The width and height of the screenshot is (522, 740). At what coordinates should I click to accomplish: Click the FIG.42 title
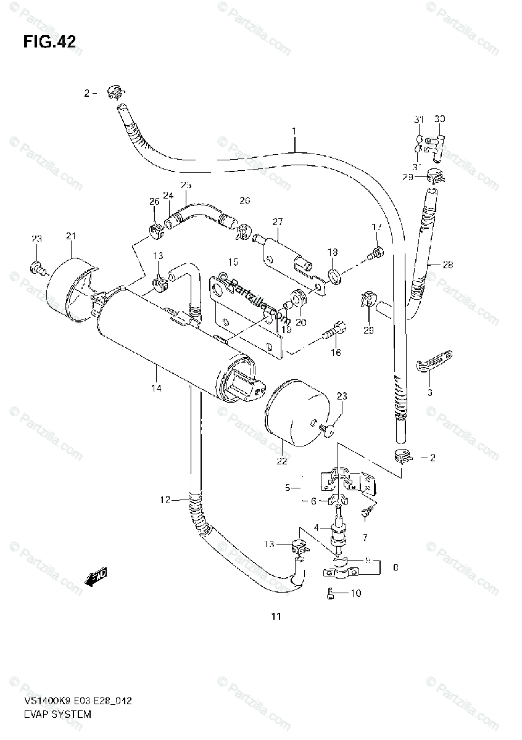coord(50,42)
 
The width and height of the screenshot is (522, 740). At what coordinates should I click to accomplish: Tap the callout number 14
coord(156,388)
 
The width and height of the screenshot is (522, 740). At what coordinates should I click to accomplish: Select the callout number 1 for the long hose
coord(294,131)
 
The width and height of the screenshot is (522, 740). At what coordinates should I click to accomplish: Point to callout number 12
coord(164,500)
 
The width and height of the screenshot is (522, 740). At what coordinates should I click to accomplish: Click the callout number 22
coord(281,461)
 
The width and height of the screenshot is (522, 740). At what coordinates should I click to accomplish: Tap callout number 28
coord(447,265)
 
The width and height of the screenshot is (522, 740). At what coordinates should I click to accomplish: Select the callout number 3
coord(430,392)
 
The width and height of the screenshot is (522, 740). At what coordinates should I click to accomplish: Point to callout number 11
coord(275,616)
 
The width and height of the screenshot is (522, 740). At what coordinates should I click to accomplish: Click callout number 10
coord(355,594)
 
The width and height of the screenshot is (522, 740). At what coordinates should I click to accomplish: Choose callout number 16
coord(336,352)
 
